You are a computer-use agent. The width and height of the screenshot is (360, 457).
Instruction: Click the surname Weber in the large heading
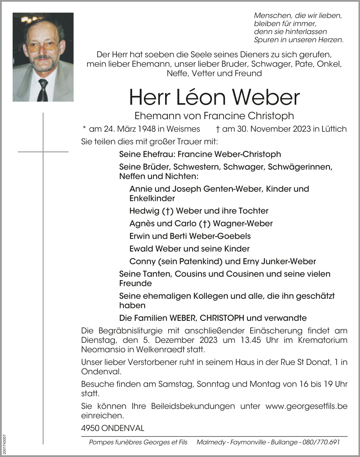(266, 97)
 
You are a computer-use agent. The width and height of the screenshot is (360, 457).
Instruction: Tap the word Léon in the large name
(197, 97)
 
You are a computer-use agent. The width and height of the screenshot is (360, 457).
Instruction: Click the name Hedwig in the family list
(140, 211)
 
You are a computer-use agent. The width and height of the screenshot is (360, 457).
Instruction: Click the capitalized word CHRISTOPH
(222, 318)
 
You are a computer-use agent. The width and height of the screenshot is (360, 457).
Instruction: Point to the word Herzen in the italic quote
(331, 39)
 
